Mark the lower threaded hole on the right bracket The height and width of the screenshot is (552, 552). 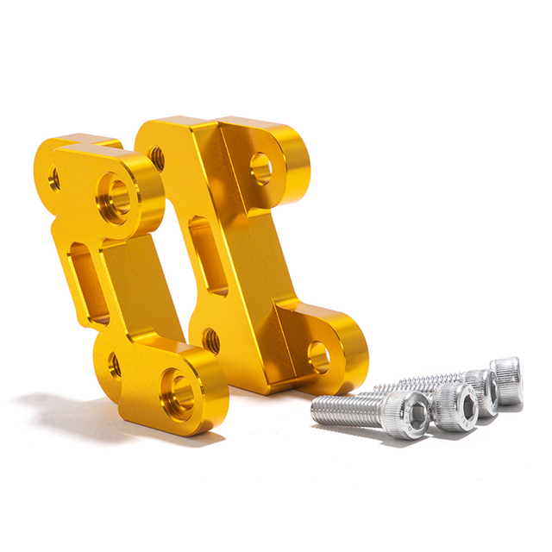210,341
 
